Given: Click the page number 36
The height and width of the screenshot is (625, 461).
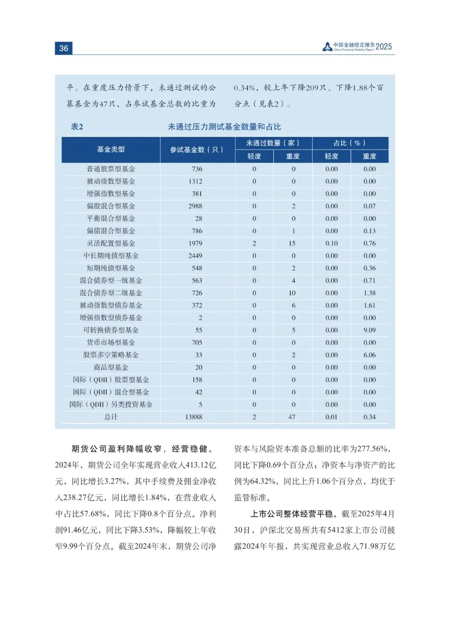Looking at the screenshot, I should click(64, 48).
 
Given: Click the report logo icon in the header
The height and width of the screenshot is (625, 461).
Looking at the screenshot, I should click(327, 47).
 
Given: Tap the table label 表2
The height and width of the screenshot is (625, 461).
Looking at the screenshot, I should click(77, 127).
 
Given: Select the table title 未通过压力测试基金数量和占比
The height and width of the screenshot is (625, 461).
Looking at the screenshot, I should click(224, 127).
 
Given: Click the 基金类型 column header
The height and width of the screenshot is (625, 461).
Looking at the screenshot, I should click(111, 149).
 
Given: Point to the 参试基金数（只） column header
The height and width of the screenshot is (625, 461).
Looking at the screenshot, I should click(197, 150).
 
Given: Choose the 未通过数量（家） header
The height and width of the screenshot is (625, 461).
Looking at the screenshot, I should click(273, 143).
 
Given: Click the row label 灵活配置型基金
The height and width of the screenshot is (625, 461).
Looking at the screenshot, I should click(111, 243).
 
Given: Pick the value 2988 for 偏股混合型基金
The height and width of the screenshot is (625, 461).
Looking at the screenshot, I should click(195, 206).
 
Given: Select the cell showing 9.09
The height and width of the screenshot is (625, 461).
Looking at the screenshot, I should click(369, 330).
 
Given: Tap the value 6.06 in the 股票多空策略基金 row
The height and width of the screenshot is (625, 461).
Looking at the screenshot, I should click(369, 355).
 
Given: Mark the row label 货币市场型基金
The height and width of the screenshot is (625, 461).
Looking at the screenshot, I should click(111, 342).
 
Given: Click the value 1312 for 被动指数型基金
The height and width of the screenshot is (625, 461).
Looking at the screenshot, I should click(195, 181).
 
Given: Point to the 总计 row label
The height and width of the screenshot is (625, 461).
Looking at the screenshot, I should click(111, 417).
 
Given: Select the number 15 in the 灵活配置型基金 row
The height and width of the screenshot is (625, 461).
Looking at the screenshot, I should click(292, 243).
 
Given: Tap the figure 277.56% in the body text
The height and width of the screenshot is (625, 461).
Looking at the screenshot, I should click(373, 449).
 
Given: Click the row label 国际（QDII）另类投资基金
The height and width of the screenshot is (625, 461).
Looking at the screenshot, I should click(111, 405).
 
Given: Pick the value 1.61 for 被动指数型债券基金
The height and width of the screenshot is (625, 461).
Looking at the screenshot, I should click(369, 305).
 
